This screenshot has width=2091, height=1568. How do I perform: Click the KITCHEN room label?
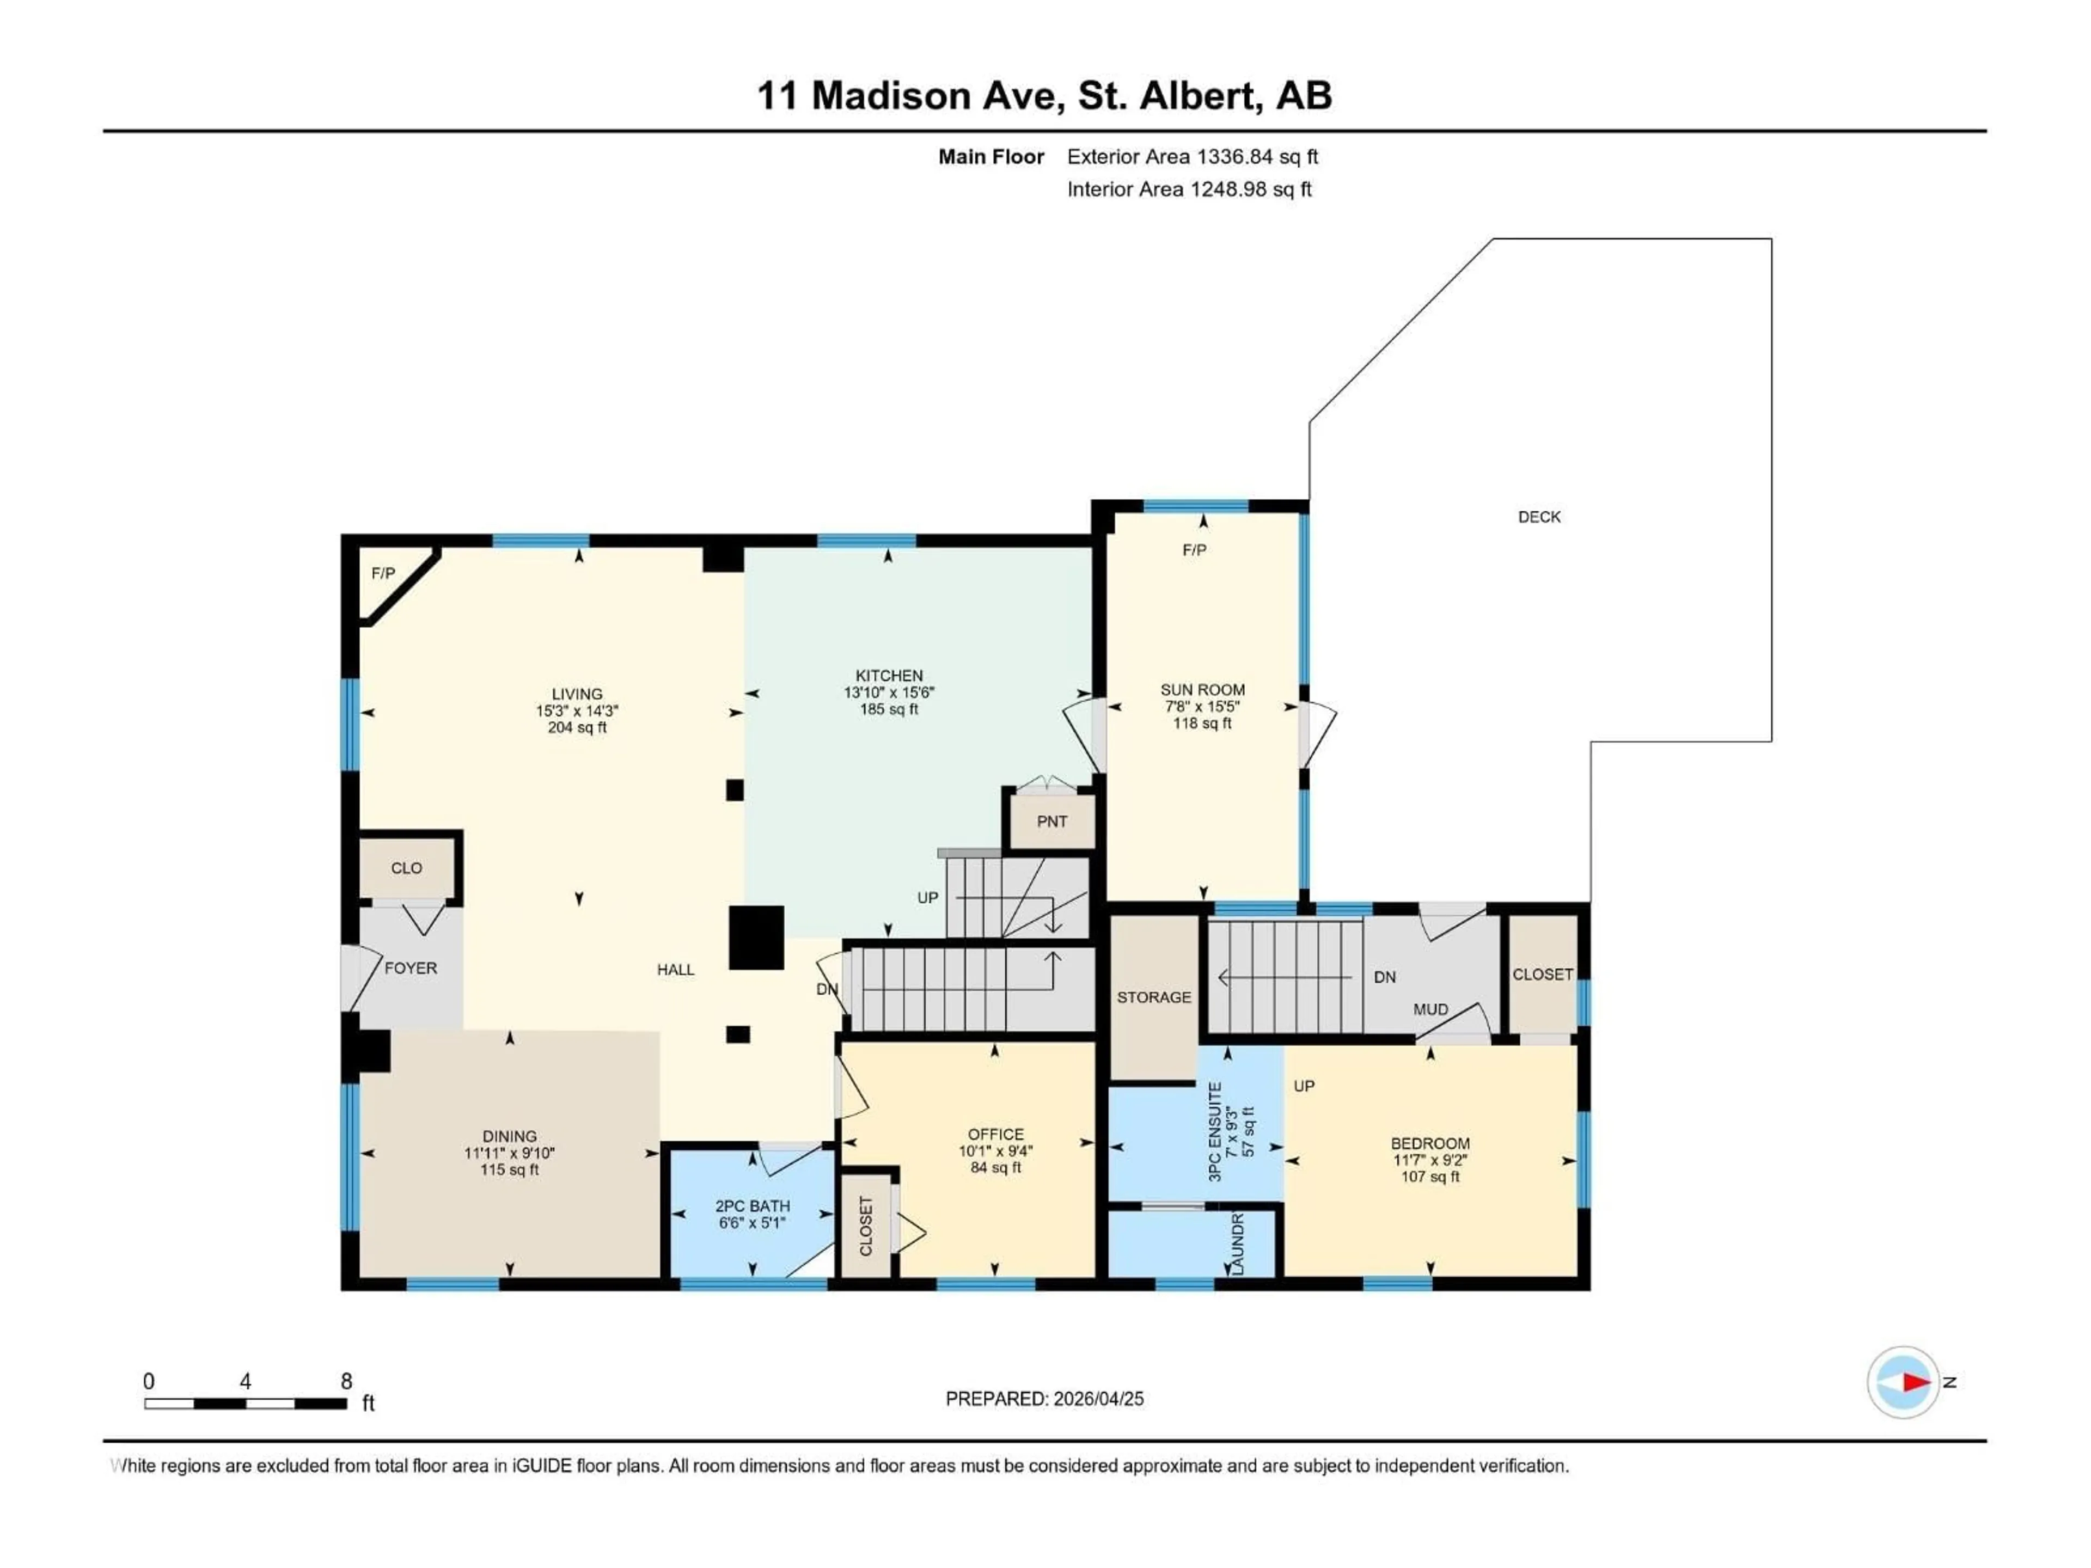(889, 675)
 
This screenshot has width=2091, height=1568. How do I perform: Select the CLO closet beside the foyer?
(406, 868)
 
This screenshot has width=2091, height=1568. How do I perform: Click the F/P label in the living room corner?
(383, 574)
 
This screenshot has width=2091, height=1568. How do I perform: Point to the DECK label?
(1539, 517)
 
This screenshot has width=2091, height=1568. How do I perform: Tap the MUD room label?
(1430, 1009)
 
